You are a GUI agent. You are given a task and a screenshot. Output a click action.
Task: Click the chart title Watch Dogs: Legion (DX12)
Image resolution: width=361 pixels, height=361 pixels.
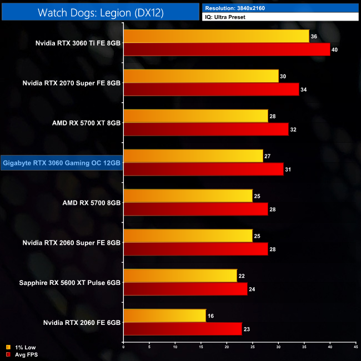point(100,12)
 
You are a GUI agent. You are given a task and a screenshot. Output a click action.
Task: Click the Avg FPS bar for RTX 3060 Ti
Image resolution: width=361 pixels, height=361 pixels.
point(227,50)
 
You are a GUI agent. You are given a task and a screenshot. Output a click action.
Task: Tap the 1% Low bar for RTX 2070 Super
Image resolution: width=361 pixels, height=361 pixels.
point(201,76)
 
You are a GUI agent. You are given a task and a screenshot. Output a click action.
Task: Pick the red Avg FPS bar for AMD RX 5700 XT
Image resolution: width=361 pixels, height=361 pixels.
point(206,129)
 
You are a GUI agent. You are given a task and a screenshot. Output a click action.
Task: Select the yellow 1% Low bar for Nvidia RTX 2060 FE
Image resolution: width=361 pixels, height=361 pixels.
point(165,316)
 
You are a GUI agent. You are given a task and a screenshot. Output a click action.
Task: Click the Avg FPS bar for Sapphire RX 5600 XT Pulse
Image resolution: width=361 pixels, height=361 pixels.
point(185,289)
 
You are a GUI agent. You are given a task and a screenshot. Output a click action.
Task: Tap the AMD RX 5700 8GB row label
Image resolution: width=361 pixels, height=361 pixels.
point(92,203)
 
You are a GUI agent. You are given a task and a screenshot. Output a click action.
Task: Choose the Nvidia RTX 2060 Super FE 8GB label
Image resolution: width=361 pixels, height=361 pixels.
point(72,243)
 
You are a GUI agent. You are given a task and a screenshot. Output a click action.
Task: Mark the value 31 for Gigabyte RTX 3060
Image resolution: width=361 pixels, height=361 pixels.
point(288,169)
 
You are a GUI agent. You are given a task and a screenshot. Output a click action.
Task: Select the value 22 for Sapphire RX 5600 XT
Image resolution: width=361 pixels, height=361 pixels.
point(241,276)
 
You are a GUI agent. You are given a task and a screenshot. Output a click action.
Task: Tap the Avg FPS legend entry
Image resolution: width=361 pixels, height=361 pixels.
point(22,354)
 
